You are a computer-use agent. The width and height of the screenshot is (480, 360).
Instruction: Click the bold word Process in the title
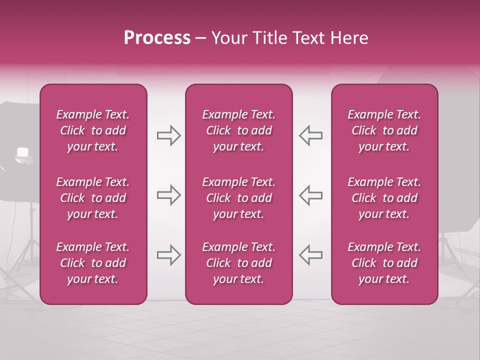click(x=157, y=38)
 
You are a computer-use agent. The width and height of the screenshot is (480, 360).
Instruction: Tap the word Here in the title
click(x=349, y=38)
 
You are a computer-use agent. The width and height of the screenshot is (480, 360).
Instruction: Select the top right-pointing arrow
click(x=168, y=135)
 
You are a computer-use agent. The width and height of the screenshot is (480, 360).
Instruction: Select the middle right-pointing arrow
click(x=168, y=195)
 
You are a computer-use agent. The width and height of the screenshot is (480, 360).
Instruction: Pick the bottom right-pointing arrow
click(x=168, y=255)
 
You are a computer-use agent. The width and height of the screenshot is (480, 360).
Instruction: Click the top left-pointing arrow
click(x=310, y=135)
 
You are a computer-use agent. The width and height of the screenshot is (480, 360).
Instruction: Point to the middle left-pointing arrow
click(x=310, y=195)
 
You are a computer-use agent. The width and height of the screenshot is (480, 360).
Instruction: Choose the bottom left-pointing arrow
click(x=310, y=255)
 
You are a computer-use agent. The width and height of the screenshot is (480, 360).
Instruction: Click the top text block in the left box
click(x=93, y=130)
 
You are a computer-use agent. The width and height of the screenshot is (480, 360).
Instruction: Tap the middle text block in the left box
click(x=93, y=198)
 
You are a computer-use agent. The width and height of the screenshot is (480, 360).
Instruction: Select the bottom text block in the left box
click(x=93, y=263)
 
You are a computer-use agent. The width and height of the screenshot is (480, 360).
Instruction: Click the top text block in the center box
click(x=238, y=130)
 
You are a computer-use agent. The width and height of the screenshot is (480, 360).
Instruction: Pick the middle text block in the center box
click(x=238, y=198)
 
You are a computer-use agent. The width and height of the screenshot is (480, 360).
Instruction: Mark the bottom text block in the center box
click(x=238, y=263)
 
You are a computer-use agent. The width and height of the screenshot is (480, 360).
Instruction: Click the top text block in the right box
click(x=384, y=130)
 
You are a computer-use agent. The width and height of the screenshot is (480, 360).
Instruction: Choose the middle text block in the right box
click(x=384, y=198)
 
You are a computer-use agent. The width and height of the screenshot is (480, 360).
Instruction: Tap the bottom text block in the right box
click(x=384, y=263)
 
